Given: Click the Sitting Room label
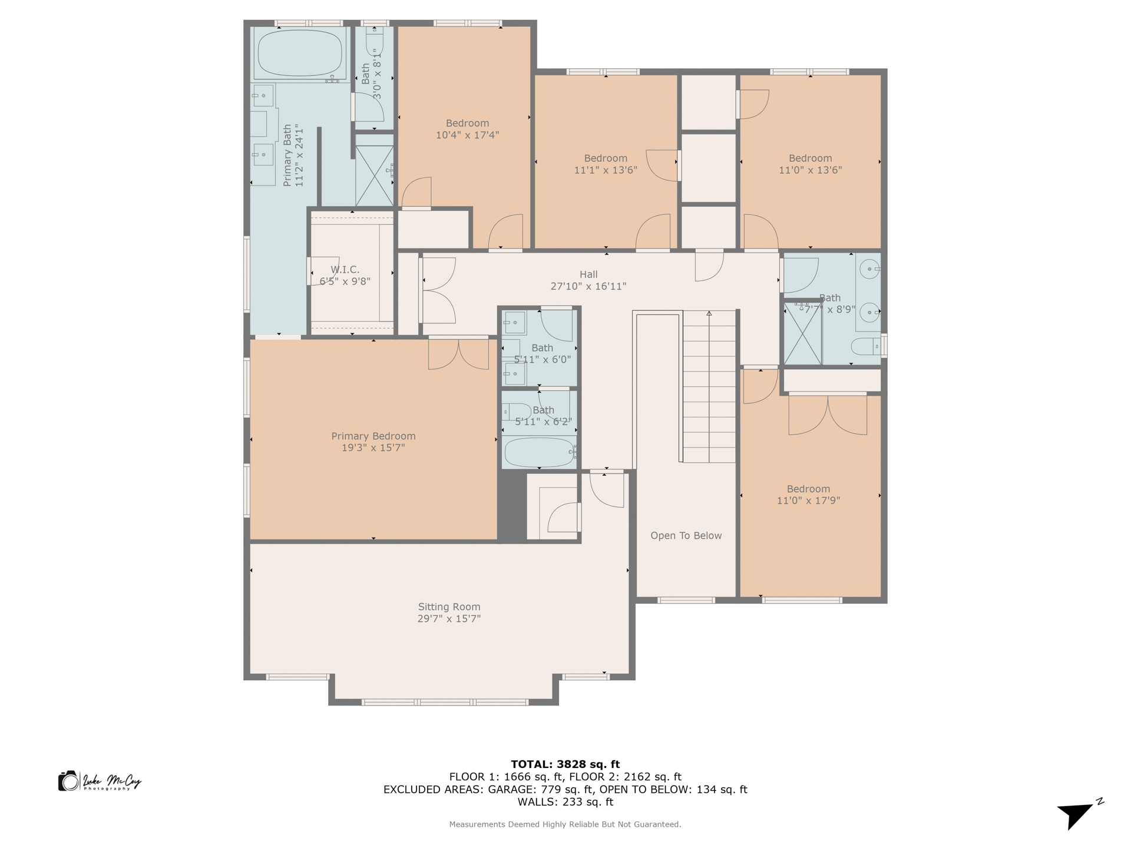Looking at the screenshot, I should (x=449, y=607).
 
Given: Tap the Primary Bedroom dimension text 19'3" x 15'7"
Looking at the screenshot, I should (x=373, y=448).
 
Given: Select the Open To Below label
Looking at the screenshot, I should (x=686, y=535).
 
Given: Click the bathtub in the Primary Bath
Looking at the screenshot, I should (x=300, y=54).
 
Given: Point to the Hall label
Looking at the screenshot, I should (x=588, y=274).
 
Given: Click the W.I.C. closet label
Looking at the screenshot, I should (x=345, y=270).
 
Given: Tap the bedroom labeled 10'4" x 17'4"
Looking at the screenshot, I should (x=467, y=128).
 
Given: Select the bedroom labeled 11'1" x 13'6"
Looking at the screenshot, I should (x=606, y=164).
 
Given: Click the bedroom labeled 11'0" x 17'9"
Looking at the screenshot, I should (x=808, y=495).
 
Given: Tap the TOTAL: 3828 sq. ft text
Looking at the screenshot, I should (x=565, y=764).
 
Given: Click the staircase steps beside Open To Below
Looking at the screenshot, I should (x=709, y=386).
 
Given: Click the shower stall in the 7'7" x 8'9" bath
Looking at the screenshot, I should (x=802, y=333).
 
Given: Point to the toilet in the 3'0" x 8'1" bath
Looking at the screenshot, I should (x=374, y=41).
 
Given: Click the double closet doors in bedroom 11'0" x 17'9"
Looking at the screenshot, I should (x=827, y=415).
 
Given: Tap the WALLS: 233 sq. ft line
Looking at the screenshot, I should (x=565, y=802).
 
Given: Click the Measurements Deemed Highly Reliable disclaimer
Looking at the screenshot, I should (x=565, y=824).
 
